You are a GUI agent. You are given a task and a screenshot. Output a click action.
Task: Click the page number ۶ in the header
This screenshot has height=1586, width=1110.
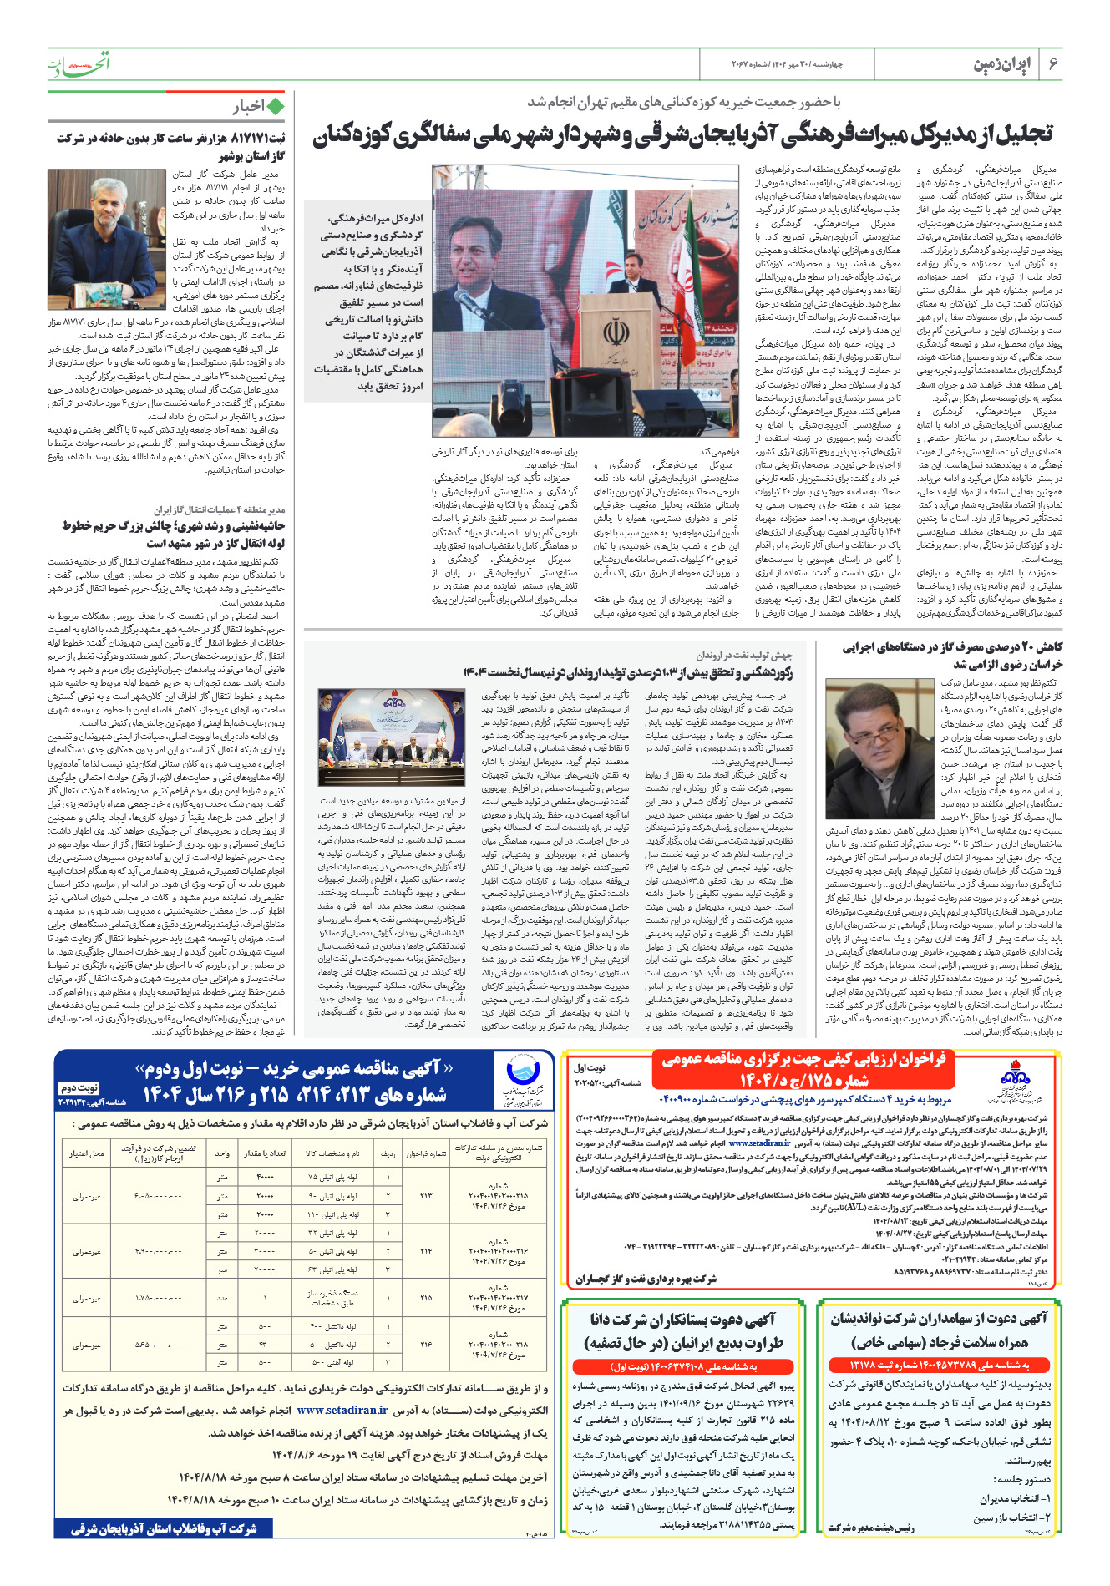[x=1053, y=63]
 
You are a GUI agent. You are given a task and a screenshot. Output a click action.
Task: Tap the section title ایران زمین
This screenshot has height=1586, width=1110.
[x=1002, y=64]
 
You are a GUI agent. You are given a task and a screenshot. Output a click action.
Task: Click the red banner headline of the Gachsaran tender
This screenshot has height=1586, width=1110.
[x=803, y=1070]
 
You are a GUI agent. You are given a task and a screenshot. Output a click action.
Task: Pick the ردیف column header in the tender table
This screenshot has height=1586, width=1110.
[x=388, y=1153]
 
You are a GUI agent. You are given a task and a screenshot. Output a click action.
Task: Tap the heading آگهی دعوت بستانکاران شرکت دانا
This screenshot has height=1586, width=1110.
[x=683, y=1320]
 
